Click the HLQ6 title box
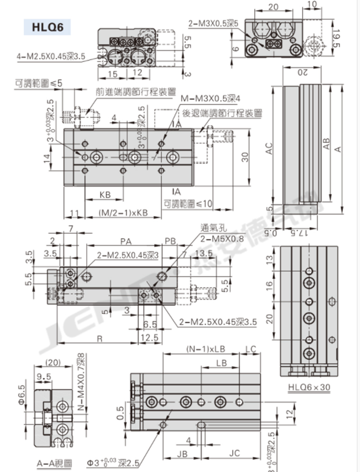click(47, 27)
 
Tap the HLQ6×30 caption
click(309, 387)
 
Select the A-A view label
click(55, 463)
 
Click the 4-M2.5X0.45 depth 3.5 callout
click(51, 57)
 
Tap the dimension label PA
click(125, 241)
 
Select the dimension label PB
click(170, 241)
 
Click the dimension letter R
click(99, 339)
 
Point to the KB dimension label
click(104, 195)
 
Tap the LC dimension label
click(250, 349)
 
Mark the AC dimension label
click(269, 148)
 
